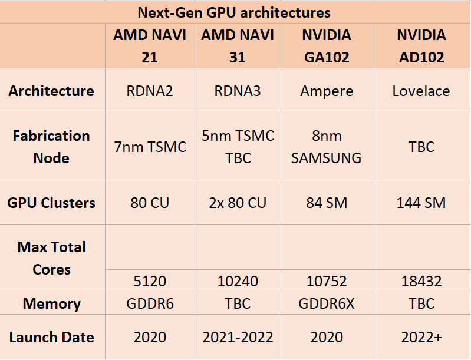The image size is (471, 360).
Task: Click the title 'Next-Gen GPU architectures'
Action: click(234, 12)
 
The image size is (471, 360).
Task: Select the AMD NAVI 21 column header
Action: click(150, 46)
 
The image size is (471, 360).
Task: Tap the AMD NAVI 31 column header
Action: click(238, 46)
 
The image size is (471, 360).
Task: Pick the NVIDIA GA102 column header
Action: click(326, 46)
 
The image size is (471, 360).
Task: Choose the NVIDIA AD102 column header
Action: click(421, 46)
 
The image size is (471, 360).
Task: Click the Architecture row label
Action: click(51, 91)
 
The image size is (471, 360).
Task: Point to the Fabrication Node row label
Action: click(51, 147)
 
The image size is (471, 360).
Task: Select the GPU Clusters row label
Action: click(51, 203)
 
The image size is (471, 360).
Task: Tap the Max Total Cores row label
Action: click(51, 258)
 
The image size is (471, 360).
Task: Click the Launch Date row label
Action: click(51, 338)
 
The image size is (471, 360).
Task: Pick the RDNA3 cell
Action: click(238, 91)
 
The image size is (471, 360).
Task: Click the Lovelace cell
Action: click(421, 91)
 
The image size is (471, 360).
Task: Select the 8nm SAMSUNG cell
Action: click(326, 147)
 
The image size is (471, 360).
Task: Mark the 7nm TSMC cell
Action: click(150, 147)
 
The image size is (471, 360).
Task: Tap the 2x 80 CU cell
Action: click(238, 203)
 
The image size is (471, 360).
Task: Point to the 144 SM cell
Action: click(421, 203)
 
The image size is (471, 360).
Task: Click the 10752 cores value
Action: click(326, 281)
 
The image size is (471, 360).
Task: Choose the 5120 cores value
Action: click(150, 281)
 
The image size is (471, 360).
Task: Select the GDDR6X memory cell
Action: click(326, 304)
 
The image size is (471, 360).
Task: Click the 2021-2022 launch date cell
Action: click(238, 338)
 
